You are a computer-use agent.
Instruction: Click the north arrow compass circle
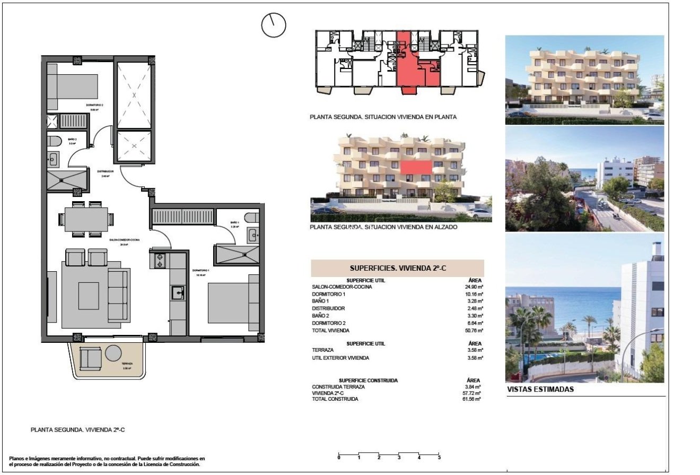274,25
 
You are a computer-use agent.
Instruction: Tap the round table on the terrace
113,353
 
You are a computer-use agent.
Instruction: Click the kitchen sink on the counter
177,291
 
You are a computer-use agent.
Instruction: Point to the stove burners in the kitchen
160,261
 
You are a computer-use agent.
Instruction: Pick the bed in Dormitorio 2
73,85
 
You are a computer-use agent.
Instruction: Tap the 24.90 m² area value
474,287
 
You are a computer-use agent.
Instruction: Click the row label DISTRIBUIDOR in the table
328,308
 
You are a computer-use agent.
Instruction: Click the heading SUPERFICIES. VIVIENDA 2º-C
397,268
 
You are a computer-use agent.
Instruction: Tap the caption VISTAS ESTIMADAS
540,389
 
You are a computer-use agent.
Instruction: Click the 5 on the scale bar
439,457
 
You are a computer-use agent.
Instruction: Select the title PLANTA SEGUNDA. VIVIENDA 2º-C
77,430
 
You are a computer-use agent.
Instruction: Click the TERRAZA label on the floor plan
127,364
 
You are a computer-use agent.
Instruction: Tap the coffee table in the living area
89,296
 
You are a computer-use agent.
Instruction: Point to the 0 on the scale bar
339,457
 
